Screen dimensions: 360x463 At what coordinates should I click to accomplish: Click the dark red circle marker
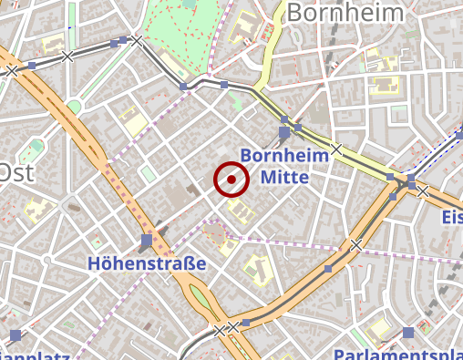click(x=231, y=179)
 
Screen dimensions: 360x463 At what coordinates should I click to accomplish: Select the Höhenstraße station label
click(x=147, y=263)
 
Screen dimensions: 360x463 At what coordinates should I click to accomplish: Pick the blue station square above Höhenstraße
click(x=147, y=241)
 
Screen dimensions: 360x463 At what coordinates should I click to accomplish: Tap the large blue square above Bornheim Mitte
click(x=284, y=133)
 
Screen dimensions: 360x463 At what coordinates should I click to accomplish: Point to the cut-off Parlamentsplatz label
click(x=397, y=354)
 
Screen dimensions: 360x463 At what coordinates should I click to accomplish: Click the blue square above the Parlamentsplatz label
click(x=407, y=334)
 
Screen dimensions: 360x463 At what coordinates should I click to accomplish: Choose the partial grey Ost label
click(x=16, y=172)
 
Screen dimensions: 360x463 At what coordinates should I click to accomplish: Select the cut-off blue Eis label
click(x=451, y=217)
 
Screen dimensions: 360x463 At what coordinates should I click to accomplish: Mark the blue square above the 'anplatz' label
click(x=14, y=334)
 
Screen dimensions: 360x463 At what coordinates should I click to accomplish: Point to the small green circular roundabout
click(x=74, y=106)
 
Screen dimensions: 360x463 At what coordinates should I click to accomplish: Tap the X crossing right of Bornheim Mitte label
click(x=336, y=149)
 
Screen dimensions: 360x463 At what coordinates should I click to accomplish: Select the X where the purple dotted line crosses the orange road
click(x=356, y=245)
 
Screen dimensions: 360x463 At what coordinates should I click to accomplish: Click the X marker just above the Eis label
click(x=423, y=191)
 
